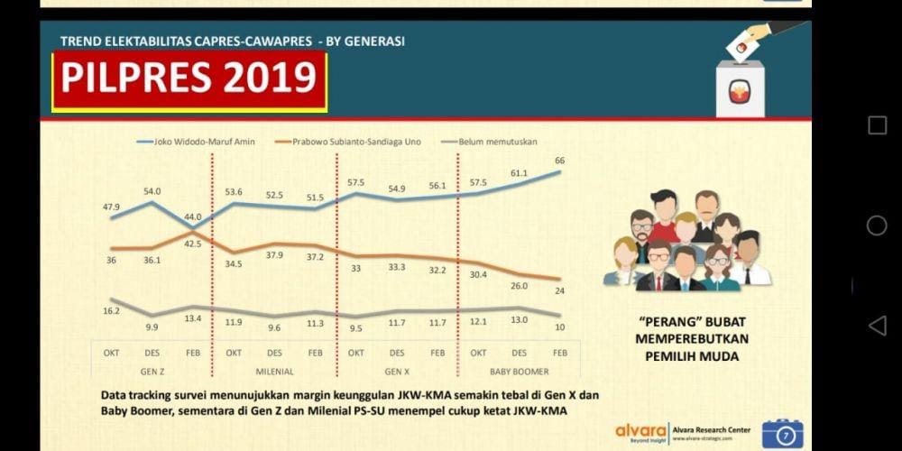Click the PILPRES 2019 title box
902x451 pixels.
click(x=189, y=79)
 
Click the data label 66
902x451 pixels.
click(x=560, y=160)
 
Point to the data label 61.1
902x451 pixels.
click(x=520, y=172)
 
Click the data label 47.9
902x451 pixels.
click(x=111, y=207)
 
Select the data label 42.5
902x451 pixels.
click(x=193, y=243)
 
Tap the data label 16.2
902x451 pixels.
click(x=111, y=310)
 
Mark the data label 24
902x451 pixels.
click(x=559, y=290)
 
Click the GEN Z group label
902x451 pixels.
click(x=152, y=370)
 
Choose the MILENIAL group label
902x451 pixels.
click(x=274, y=370)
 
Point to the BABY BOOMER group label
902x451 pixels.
click(x=519, y=370)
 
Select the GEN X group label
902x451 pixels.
click(x=397, y=370)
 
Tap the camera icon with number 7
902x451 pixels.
click(x=783, y=434)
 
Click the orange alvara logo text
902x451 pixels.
click(x=640, y=430)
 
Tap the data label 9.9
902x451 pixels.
click(x=152, y=327)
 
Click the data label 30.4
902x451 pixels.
click(x=478, y=274)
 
